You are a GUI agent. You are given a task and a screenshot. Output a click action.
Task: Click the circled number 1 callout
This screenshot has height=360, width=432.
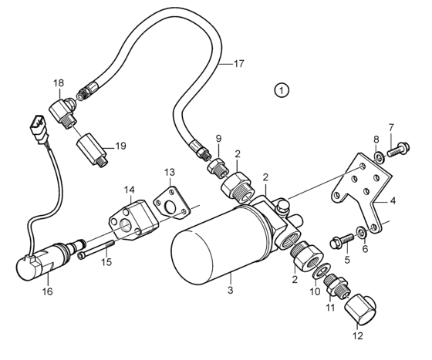[x=282, y=90]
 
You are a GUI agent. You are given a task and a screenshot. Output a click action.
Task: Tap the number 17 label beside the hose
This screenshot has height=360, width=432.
[x=238, y=63]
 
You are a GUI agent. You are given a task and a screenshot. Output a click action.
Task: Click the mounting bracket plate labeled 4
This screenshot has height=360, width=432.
[x=361, y=190]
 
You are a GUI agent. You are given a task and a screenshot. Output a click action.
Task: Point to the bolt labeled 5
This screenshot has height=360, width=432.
[x=341, y=241]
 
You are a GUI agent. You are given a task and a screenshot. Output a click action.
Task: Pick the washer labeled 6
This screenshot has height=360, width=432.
[x=362, y=231]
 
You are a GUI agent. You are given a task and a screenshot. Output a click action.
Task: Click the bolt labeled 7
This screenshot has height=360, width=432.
[x=398, y=149]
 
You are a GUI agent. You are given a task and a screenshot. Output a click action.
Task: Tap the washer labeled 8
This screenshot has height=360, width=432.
[x=380, y=156]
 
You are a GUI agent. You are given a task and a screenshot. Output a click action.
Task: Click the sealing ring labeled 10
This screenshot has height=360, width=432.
[x=321, y=271]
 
